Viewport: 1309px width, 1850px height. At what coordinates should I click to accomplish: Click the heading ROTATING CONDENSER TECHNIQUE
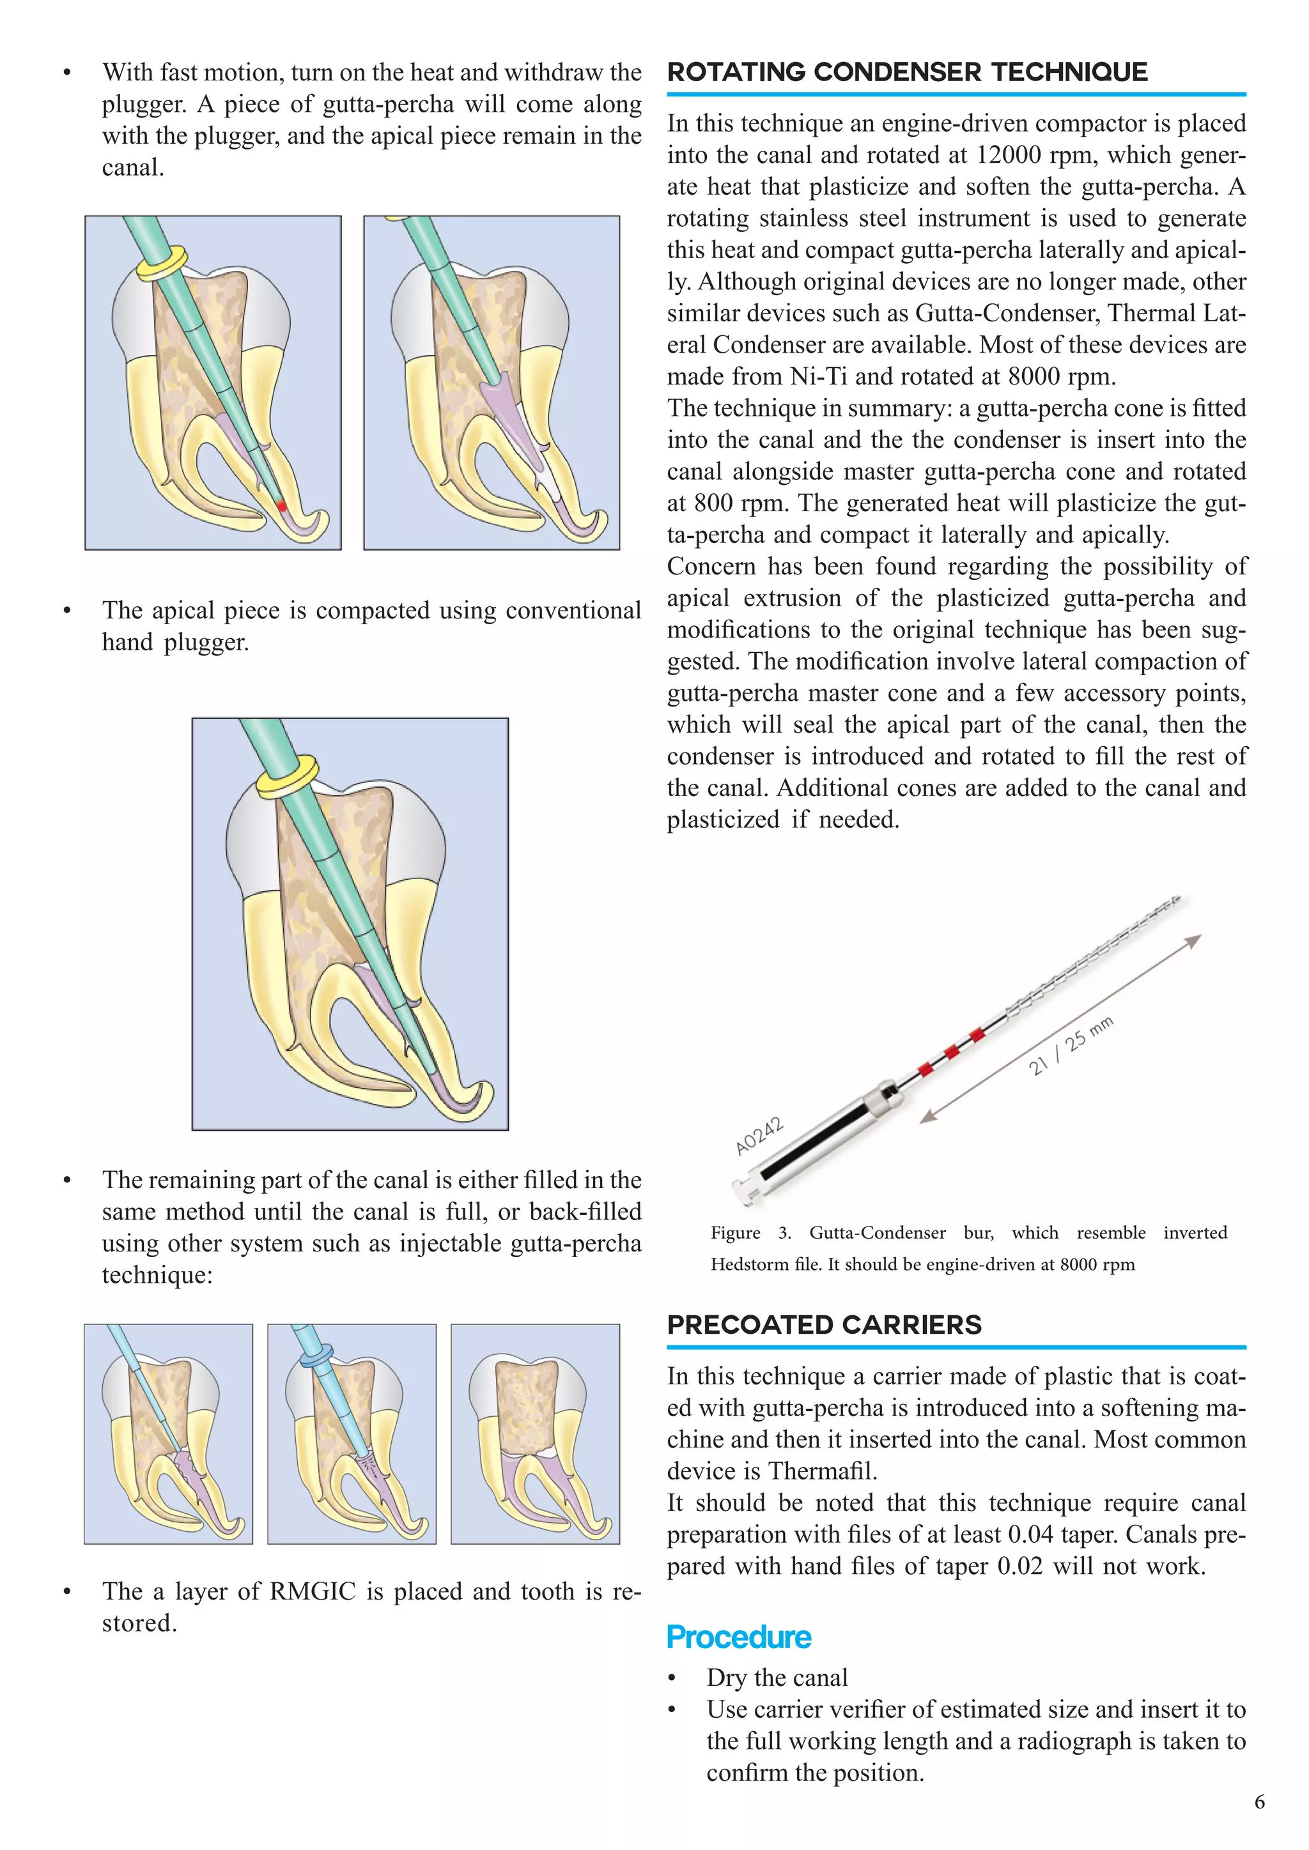[x=907, y=73]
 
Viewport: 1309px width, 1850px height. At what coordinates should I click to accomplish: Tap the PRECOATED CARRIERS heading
[x=824, y=1325]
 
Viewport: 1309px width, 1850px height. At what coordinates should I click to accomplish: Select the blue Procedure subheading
[x=738, y=1637]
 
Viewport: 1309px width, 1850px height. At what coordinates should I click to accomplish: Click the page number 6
[x=1259, y=1801]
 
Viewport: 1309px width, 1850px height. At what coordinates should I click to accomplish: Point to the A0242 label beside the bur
[x=759, y=1135]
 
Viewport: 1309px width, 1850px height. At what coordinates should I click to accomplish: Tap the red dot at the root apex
[x=281, y=506]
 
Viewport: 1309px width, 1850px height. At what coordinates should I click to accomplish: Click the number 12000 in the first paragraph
[x=1012, y=155]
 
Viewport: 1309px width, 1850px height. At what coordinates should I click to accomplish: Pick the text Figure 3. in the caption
[x=750, y=1233]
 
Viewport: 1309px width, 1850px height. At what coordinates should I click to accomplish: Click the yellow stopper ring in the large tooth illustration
[x=287, y=776]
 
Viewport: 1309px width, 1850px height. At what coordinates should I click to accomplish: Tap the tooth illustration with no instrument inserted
[x=535, y=1434]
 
